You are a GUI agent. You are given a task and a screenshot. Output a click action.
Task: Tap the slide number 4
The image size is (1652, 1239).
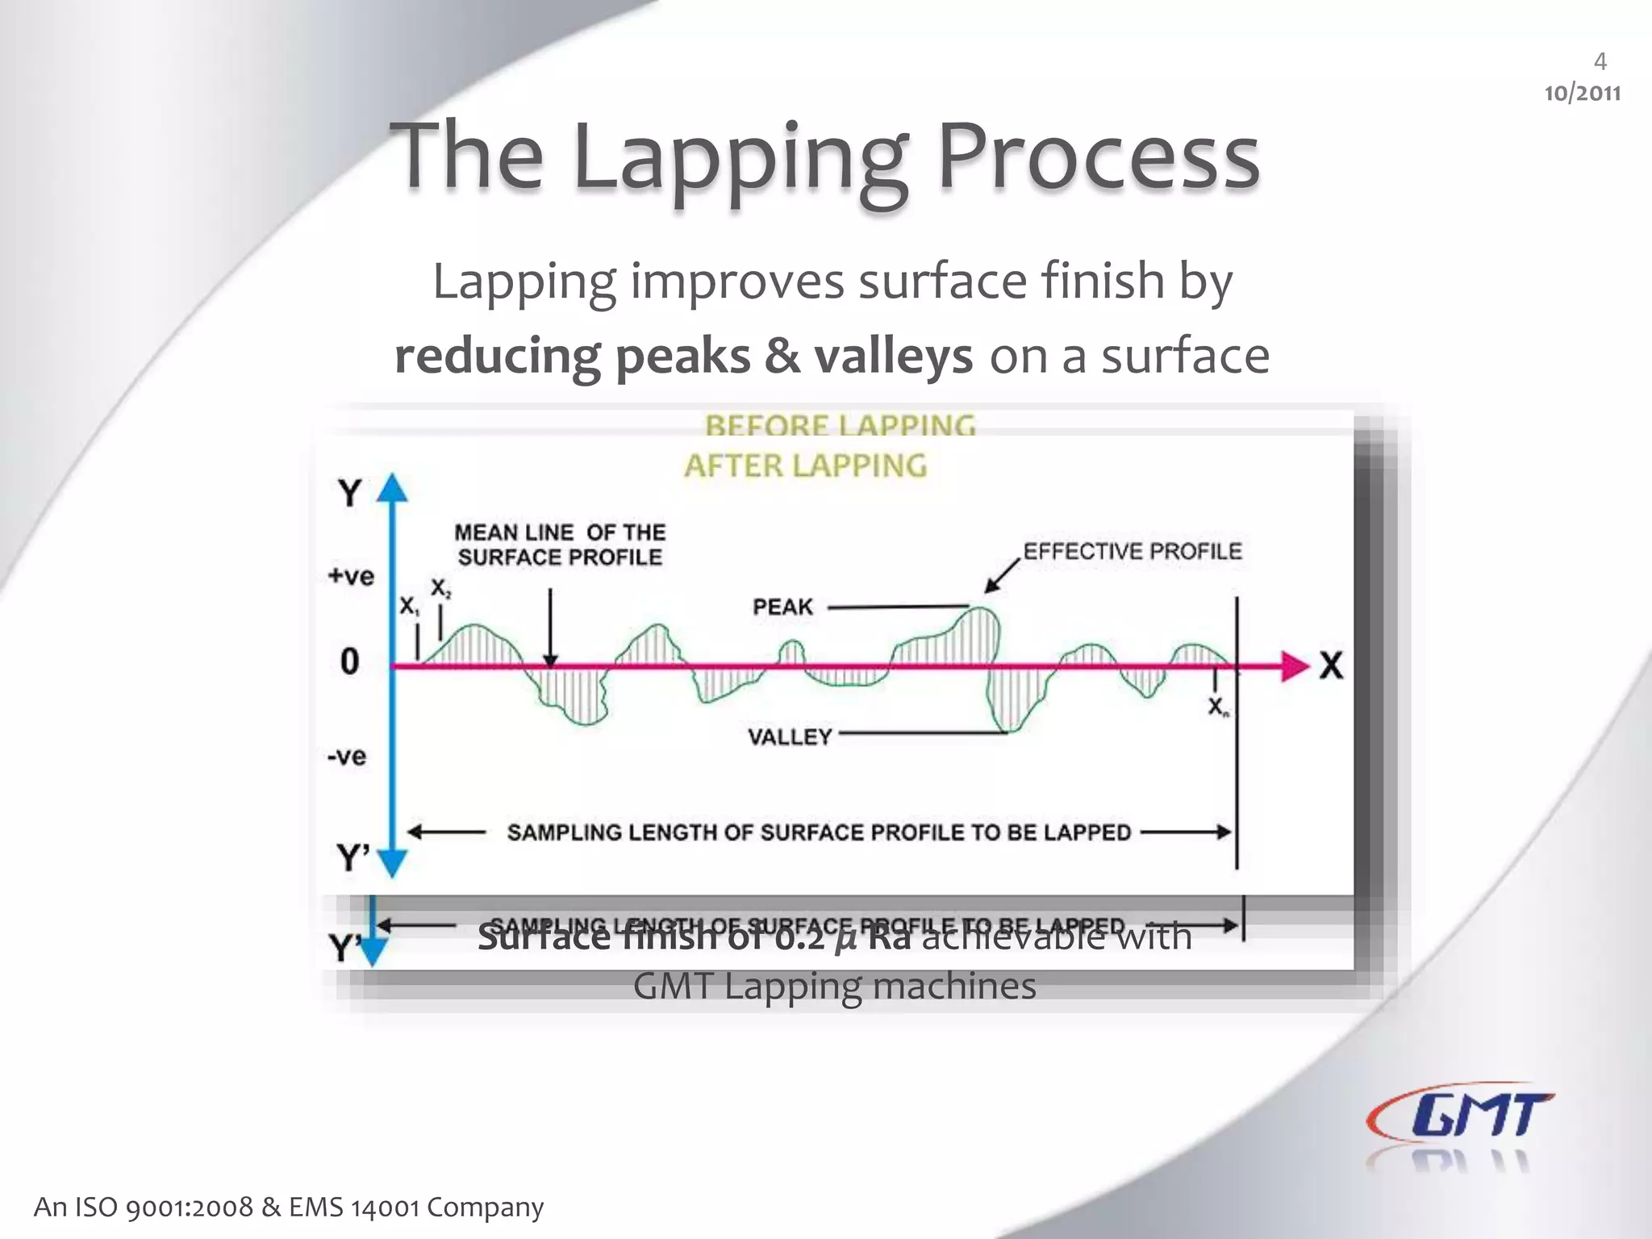click(x=1600, y=61)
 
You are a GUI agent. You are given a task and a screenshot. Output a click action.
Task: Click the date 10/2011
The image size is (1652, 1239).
click(x=1582, y=94)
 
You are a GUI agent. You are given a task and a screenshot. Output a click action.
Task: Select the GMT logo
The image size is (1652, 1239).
click(x=1460, y=1117)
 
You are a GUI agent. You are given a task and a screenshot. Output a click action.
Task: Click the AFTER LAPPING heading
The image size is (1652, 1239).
click(x=806, y=465)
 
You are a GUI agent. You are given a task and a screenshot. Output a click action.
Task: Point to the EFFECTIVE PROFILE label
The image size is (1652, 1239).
click(x=1133, y=552)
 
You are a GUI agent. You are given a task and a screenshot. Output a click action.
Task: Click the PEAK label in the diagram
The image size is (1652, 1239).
click(x=782, y=607)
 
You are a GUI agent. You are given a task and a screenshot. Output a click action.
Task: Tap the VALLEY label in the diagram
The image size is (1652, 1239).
click(x=789, y=736)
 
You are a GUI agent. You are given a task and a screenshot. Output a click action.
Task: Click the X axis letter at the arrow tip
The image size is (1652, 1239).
click(x=1332, y=666)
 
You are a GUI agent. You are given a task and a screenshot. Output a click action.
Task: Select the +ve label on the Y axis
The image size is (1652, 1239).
click(x=351, y=576)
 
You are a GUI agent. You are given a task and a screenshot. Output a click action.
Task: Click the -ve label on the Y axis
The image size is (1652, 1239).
click(x=347, y=757)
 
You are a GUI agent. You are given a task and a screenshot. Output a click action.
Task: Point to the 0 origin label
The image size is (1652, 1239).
click(x=349, y=661)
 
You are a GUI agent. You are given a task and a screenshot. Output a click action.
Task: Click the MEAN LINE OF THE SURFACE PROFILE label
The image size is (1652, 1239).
click(x=560, y=544)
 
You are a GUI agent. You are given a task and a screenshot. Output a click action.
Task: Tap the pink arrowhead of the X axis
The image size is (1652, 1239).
click(x=1295, y=666)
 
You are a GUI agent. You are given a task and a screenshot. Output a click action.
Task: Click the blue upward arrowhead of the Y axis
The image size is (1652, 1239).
click(x=393, y=487)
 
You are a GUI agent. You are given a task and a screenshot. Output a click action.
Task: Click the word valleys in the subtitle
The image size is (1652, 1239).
click(x=893, y=356)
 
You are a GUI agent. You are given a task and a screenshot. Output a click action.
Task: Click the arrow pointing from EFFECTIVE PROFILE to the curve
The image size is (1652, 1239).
click(x=1001, y=577)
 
